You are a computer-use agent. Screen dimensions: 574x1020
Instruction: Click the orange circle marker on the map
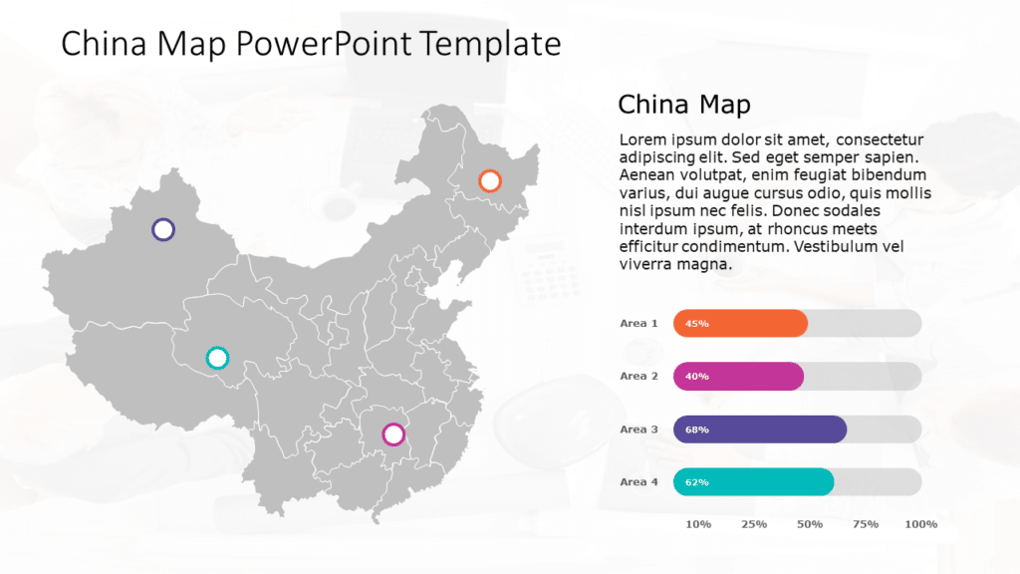click(489, 180)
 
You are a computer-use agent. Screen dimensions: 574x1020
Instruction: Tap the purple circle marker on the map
click(163, 229)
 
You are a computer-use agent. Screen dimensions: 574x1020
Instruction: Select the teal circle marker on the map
click(216, 357)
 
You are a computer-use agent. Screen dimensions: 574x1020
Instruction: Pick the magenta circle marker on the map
click(393, 434)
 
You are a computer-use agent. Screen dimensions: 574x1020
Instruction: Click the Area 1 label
click(638, 323)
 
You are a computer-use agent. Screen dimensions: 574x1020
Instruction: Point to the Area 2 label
click(638, 376)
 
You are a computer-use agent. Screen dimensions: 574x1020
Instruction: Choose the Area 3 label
click(638, 429)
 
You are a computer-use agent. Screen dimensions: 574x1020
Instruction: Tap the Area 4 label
click(638, 481)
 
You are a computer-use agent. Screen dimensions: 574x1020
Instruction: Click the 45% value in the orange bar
click(697, 324)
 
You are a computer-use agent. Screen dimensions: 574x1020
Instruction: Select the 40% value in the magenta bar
click(697, 377)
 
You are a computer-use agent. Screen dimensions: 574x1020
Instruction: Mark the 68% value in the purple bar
click(697, 430)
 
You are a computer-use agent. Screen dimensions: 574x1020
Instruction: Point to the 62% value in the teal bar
click(697, 482)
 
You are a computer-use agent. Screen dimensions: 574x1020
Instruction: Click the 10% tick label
click(698, 524)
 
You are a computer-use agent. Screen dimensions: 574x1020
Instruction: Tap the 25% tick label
click(754, 524)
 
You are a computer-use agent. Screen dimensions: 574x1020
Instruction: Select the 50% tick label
click(810, 524)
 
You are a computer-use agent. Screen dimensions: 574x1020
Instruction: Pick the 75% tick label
click(866, 524)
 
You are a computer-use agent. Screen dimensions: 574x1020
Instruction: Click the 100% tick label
click(921, 524)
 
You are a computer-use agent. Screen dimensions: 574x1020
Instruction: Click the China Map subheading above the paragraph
click(683, 104)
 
